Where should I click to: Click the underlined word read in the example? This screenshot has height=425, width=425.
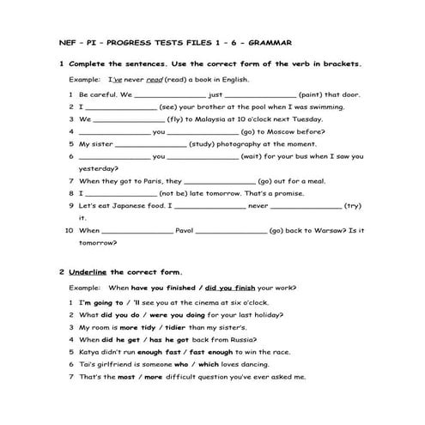click(155, 78)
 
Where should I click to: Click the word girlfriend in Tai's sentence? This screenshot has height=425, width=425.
click(112, 364)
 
